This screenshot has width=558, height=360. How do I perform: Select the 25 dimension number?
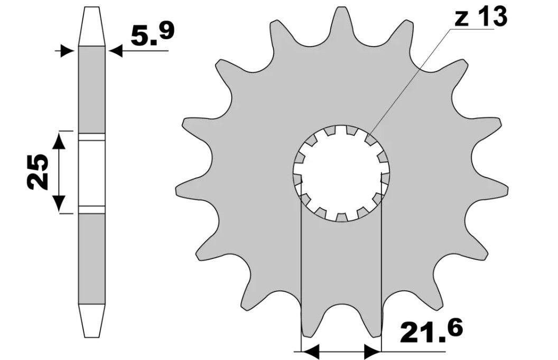click(39, 172)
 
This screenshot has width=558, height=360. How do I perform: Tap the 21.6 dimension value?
click(431, 331)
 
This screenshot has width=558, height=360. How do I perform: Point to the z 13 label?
click(480, 18)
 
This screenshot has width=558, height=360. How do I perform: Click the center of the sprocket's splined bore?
click(342, 173)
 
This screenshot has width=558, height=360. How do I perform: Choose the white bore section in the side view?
click(92, 172)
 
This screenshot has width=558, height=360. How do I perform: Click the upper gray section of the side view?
click(92, 90)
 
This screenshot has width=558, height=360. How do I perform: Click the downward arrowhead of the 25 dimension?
click(59, 203)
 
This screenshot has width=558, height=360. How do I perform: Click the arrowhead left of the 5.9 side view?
click(68, 51)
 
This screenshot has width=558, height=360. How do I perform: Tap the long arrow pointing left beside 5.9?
click(137, 51)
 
